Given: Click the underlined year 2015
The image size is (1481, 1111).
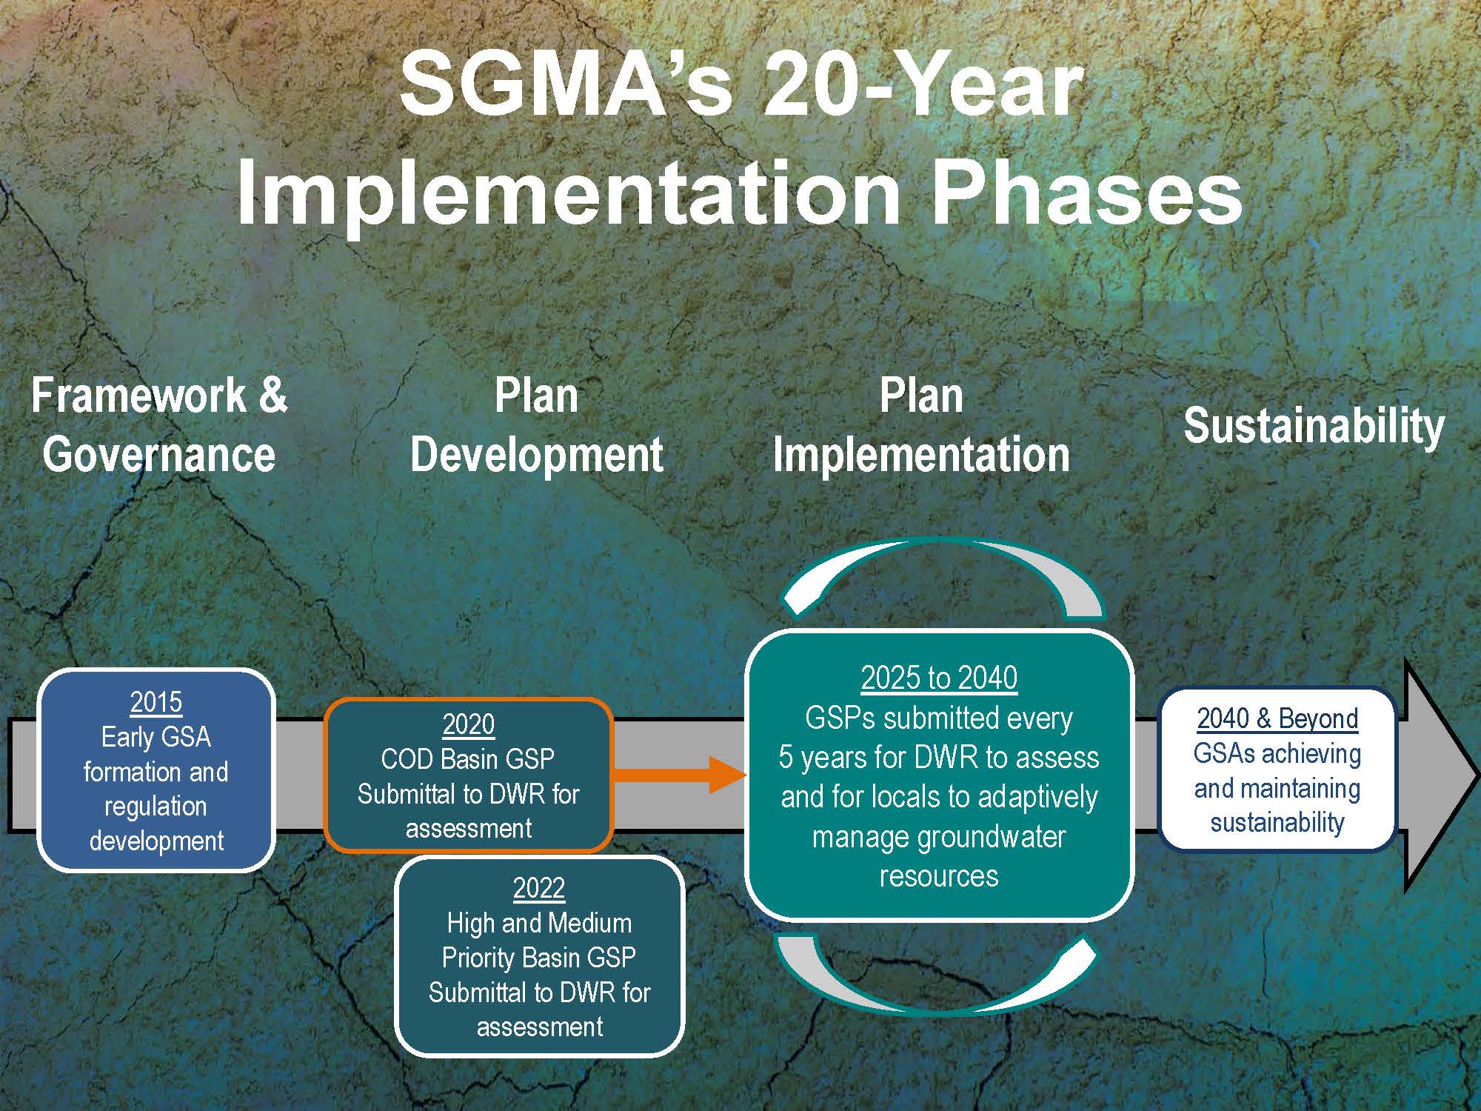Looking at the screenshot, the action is pyautogui.click(x=156, y=701).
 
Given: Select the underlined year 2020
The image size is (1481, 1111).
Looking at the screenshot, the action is pyautogui.click(x=468, y=724).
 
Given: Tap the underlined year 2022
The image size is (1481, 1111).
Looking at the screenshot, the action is pyautogui.click(x=539, y=887).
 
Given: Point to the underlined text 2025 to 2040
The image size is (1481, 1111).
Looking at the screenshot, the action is pyautogui.click(x=939, y=678).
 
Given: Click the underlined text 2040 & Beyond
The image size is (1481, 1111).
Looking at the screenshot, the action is pyautogui.click(x=1277, y=718).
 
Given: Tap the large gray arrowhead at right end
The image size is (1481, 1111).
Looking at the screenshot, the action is pyautogui.click(x=1440, y=774).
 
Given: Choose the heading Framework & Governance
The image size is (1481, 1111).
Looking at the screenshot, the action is pyautogui.click(x=159, y=424).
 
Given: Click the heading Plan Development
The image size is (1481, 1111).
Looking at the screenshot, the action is pyautogui.click(x=536, y=424).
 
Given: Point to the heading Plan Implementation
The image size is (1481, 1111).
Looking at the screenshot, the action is pyautogui.click(x=921, y=424).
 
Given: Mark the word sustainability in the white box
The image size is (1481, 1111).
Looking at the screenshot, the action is pyautogui.click(x=1277, y=822).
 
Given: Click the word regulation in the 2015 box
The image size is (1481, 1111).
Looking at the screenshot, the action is pyautogui.click(x=156, y=806).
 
